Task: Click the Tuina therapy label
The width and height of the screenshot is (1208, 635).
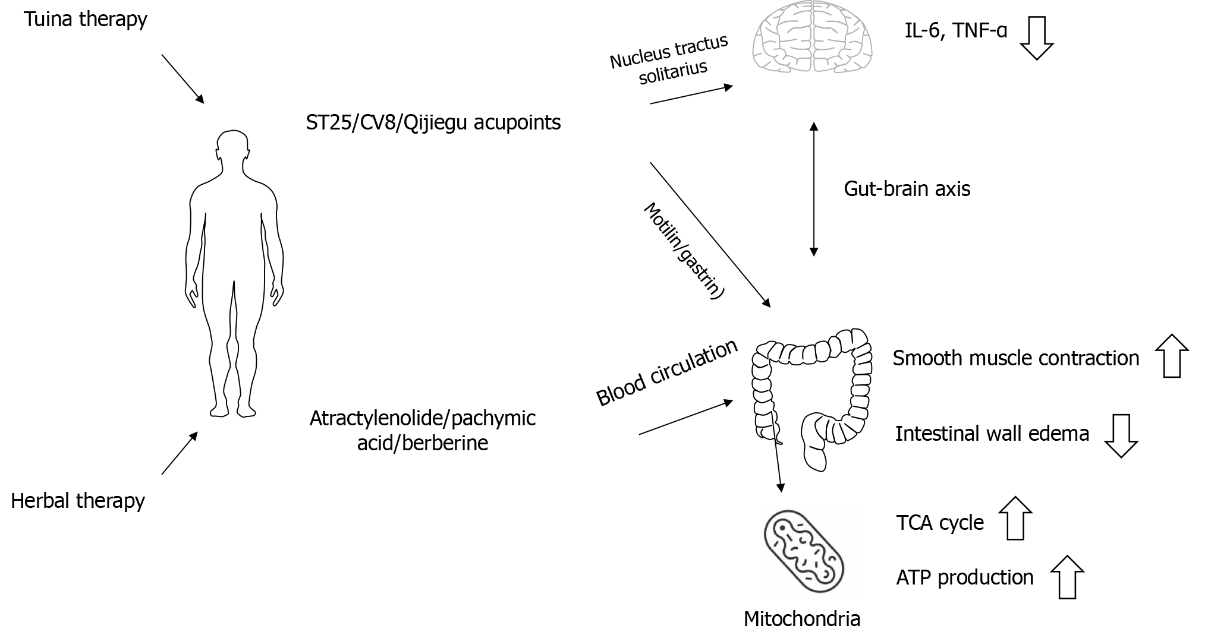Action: pyautogui.click(x=86, y=20)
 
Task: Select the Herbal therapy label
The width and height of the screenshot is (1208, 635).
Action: pyautogui.click(x=78, y=501)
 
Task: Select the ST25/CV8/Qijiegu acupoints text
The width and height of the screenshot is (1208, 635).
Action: pyautogui.click(x=433, y=122)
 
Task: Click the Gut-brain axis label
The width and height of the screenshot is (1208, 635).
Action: pyautogui.click(x=907, y=189)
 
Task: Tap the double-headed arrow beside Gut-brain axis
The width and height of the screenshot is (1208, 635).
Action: pyautogui.click(x=814, y=189)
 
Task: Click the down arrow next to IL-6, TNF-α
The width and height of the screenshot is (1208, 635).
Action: pyautogui.click(x=1037, y=39)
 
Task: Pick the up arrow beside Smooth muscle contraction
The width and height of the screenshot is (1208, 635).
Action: pyautogui.click(x=1172, y=356)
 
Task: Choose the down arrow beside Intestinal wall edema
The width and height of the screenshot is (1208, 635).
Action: pyautogui.click(x=1121, y=435)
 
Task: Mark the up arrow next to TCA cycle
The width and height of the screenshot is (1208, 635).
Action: pyautogui.click(x=1015, y=518)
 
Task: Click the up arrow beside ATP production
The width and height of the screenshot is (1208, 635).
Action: pyautogui.click(x=1067, y=577)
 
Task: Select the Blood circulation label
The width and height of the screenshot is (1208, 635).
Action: pyautogui.click(x=667, y=374)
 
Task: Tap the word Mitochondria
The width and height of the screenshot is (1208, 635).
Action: pyautogui.click(x=801, y=619)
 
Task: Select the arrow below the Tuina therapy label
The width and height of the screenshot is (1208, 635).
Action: pyautogui.click(x=183, y=79)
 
